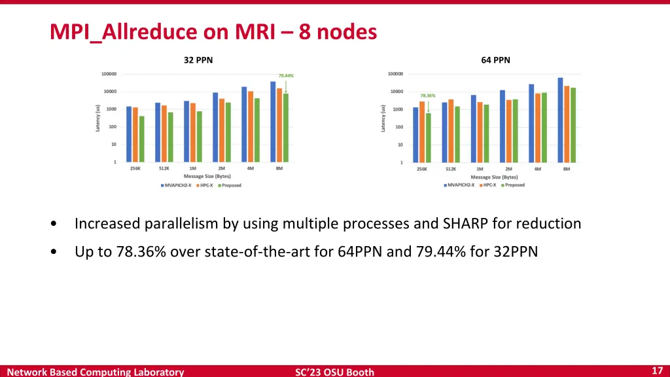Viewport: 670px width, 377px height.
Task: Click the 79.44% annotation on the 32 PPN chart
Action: click(x=286, y=75)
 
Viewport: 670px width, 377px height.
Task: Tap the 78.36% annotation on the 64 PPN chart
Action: click(x=428, y=96)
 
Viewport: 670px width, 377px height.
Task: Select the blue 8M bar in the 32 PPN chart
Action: click(x=273, y=121)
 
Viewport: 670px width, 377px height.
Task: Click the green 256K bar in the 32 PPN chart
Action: click(x=142, y=139)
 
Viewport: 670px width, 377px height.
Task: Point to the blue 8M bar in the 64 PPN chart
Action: click(x=560, y=120)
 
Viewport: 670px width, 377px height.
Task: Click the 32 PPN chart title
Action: click(x=198, y=60)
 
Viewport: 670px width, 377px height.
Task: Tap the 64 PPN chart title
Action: click(x=495, y=60)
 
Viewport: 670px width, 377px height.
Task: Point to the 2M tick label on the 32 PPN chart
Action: click(x=221, y=168)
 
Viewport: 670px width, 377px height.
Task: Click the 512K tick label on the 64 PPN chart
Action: click(x=451, y=169)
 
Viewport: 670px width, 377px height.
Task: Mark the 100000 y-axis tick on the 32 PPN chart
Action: click(x=109, y=74)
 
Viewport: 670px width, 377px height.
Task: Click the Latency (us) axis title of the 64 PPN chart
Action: click(x=383, y=118)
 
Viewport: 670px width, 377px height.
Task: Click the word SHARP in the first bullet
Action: click(x=465, y=224)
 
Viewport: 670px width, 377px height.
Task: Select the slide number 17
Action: click(x=658, y=370)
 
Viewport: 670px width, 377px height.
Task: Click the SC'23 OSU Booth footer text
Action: click(x=334, y=372)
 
